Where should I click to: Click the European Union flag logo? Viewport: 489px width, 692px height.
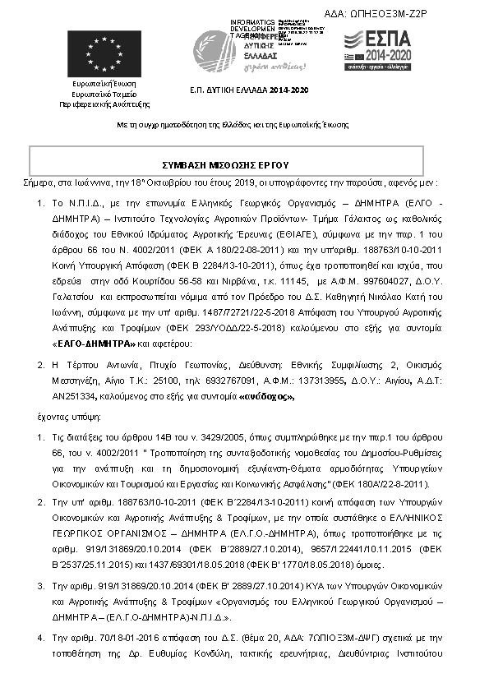click(x=103, y=53)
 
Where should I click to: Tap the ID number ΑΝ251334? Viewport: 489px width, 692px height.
click(x=81, y=396)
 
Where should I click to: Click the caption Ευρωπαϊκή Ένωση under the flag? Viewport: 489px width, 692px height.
click(x=104, y=83)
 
